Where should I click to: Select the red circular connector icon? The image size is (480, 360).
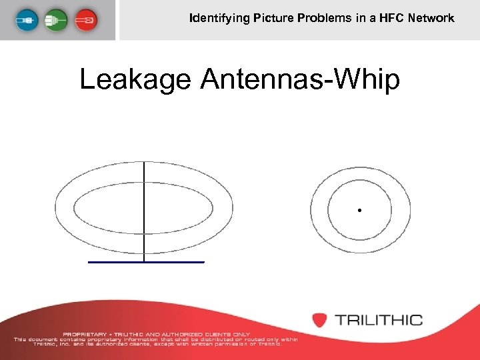[x=85, y=20]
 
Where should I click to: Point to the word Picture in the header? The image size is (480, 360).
[x=271, y=18]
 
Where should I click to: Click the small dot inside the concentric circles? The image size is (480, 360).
[x=359, y=211]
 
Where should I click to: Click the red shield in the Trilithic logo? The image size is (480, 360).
[x=320, y=319]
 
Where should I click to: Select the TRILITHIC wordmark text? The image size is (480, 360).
[x=379, y=320]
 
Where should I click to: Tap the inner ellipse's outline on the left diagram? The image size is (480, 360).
[x=74, y=209]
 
